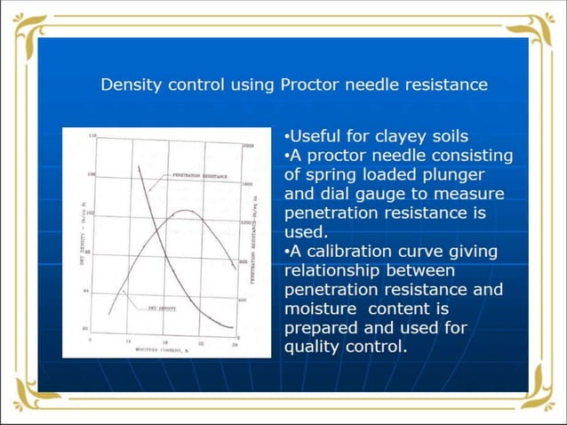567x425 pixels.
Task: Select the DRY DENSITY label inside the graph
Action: (161, 308)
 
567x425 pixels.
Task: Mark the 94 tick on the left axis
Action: (86, 291)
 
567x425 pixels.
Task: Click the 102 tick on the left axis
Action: (90, 214)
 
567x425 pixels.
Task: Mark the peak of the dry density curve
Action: (184, 211)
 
